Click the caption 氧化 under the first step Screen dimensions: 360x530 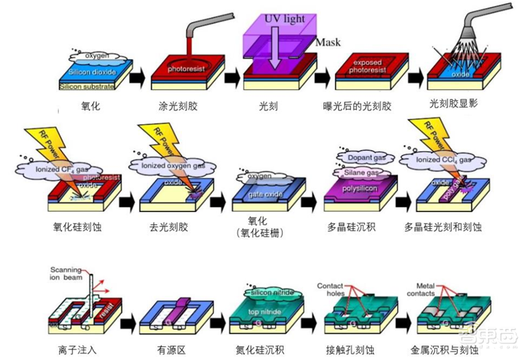click(87, 104)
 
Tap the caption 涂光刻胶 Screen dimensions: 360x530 click(177, 104)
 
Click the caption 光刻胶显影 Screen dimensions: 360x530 click(454, 104)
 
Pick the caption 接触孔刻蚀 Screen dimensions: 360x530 click(354, 347)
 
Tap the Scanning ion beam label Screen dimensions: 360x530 click(69, 274)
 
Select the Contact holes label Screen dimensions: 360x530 click(331, 290)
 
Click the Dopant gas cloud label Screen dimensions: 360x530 click(358, 157)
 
